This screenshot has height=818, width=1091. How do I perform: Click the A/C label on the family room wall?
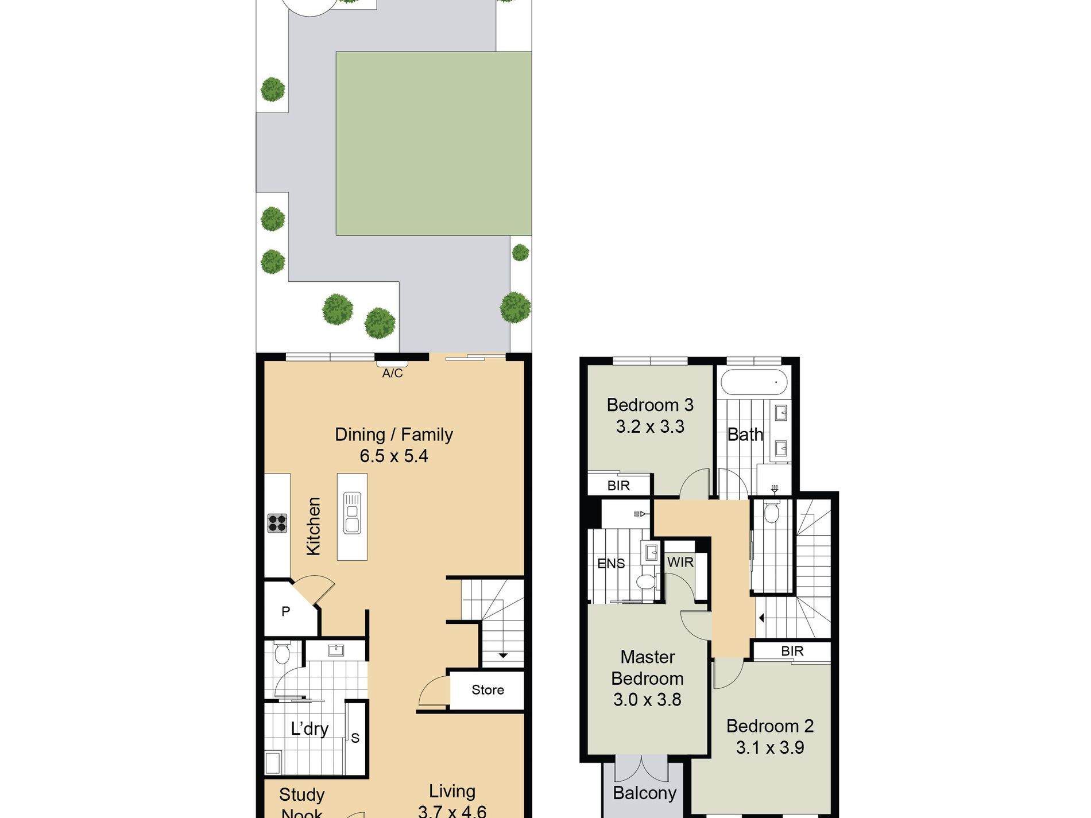pos(392,373)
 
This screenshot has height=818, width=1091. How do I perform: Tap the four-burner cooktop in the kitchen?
pos(277,522)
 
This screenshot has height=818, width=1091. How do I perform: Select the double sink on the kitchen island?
pos(352,513)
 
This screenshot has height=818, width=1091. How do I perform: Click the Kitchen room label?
pos(313,526)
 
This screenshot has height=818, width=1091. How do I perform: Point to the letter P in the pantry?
pos(285,612)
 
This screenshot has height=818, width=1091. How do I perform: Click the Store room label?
pos(488,690)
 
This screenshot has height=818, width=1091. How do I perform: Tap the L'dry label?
pos(309,729)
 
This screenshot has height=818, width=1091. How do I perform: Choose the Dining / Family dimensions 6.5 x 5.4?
pos(394,456)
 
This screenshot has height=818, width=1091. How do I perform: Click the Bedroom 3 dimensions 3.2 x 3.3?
pos(650,427)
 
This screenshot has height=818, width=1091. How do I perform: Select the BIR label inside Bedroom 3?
pos(618,486)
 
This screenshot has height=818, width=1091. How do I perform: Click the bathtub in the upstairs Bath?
pos(754,382)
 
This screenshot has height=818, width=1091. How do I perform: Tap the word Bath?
pos(745,435)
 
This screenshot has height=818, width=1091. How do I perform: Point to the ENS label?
pos(611,564)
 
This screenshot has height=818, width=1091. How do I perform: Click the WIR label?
pos(680,563)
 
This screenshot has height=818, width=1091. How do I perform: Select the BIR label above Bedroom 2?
pos(792,651)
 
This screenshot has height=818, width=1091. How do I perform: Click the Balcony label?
pos(644,793)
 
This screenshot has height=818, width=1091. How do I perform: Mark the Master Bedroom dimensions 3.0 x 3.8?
pos(647,700)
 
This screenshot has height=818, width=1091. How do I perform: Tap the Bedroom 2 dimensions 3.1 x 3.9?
pos(770,747)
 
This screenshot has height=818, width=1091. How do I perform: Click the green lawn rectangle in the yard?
pos(434,144)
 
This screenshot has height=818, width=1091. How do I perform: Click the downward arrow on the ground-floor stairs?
pos(503,655)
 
